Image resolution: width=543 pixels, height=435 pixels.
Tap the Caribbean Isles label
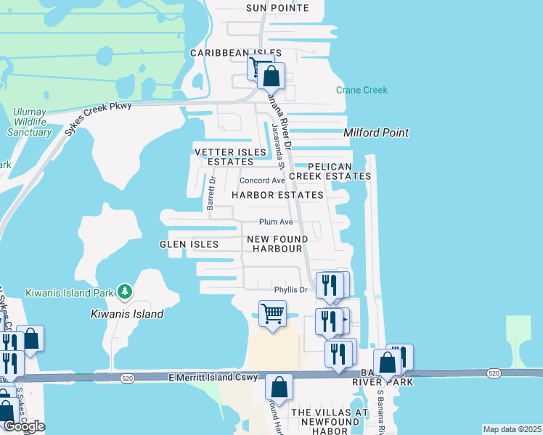pos(230,54)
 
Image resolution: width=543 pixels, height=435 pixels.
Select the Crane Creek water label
pos(362,90)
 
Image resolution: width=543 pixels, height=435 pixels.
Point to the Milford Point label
pos(376,133)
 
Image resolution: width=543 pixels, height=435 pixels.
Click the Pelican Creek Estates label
pos(330,171)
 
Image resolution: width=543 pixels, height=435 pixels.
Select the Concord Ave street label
pos(263,181)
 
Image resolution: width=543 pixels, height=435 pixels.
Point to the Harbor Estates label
pos(277,195)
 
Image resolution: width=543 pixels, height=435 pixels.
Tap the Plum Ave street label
pos(276,222)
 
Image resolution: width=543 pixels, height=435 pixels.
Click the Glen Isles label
pos(189,244)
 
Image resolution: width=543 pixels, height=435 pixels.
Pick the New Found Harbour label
pos(277,244)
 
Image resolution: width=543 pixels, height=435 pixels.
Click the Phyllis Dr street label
pos(291,290)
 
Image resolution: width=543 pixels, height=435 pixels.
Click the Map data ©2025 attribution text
pos(512,429)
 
